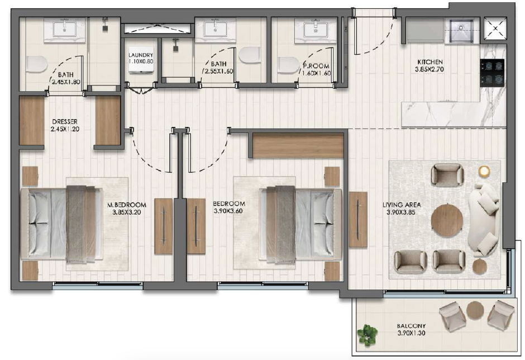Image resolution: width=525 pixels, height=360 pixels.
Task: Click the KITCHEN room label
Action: tap(430, 62)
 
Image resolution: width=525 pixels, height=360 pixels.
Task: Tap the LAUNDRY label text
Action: tap(141, 55)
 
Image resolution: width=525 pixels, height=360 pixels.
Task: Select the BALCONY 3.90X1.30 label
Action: tap(412, 329)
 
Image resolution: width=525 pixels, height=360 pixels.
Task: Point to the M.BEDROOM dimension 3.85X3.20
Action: tap(127, 212)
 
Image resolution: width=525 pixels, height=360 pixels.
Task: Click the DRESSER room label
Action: tap(65, 122)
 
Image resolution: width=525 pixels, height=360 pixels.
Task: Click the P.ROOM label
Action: tap(316, 66)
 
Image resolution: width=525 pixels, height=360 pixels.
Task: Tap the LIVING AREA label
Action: tap(402, 205)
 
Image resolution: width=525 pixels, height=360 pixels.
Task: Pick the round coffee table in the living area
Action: tap(447, 221)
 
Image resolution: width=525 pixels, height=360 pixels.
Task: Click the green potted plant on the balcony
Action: tap(367, 334)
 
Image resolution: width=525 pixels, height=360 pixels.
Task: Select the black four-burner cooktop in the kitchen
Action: tap(492, 73)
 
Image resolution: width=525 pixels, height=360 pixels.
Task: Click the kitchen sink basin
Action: tap(461, 31)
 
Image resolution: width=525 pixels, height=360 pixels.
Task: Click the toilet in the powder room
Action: tap(289, 65)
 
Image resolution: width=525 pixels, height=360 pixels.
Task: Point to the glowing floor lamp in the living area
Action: tap(484, 171)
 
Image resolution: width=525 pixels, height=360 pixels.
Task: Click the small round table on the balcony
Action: tap(476, 310)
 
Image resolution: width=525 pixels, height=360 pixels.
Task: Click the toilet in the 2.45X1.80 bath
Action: tap(36, 64)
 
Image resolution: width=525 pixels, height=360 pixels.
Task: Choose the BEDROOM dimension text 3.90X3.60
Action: tap(228, 211)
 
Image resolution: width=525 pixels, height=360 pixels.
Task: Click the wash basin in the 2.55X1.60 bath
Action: tap(215, 29)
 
